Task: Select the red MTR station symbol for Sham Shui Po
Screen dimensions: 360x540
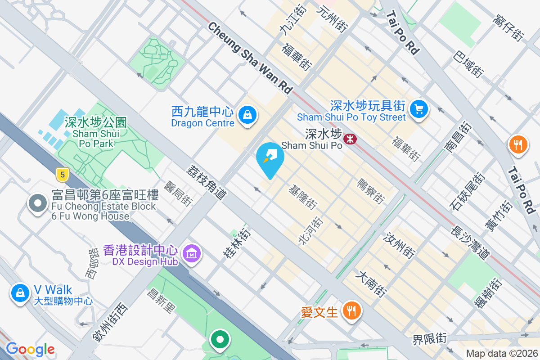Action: click(x=350, y=139)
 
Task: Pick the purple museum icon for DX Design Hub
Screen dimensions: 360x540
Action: click(x=192, y=254)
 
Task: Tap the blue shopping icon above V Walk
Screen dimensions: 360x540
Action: click(x=20, y=293)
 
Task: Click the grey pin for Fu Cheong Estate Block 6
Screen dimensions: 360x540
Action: click(x=38, y=203)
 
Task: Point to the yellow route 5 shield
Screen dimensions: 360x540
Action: click(x=62, y=174)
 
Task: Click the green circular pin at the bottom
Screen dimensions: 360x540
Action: click(x=220, y=340)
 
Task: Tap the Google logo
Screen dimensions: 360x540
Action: click(x=30, y=349)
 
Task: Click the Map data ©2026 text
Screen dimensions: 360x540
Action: click(x=501, y=353)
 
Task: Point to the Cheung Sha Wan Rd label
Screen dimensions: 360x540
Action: click(x=250, y=58)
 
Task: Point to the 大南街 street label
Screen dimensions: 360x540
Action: click(x=371, y=283)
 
